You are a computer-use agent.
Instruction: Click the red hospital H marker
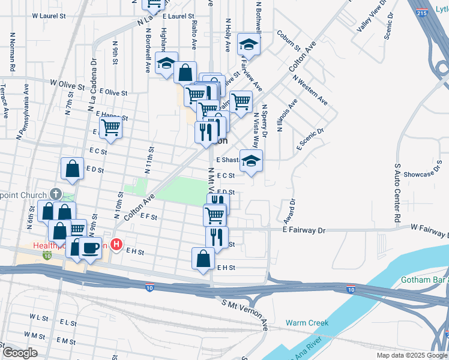[117, 245]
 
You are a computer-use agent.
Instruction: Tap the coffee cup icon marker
[91, 247]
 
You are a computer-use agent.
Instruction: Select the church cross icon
[55, 194]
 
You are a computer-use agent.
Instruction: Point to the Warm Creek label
[307, 323]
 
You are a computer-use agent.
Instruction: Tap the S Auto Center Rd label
[397, 194]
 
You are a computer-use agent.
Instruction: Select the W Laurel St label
[49, 16]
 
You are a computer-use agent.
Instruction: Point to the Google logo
[19, 353]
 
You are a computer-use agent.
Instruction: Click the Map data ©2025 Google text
[412, 355]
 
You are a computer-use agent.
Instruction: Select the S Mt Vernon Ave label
[245, 315]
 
